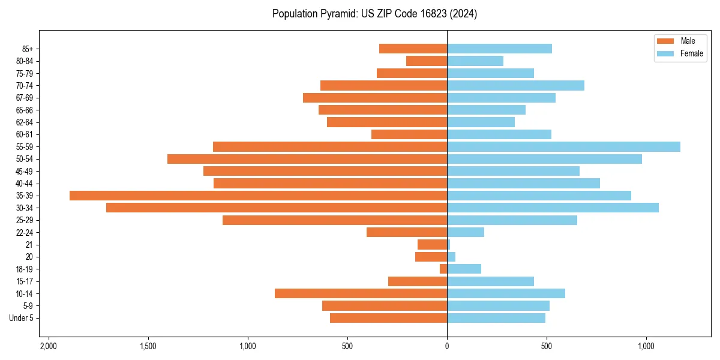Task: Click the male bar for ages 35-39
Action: tap(258, 196)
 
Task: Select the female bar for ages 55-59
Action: tap(563, 147)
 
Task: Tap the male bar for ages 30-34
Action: tap(277, 208)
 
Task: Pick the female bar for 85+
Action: tap(499, 49)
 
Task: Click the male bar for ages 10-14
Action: tap(361, 293)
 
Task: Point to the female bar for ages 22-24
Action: tap(466, 232)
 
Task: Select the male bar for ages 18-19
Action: tap(443, 269)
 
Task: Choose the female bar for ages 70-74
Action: tap(515, 86)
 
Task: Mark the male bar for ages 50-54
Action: tap(307, 159)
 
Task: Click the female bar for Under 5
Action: tap(496, 318)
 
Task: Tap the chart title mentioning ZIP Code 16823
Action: tap(374, 14)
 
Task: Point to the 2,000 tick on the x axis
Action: tap(48, 346)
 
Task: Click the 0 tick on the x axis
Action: tap(447, 346)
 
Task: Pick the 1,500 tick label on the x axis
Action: tap(148, 346)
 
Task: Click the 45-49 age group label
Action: tap(25, 171)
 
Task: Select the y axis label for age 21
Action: tap(29, 245)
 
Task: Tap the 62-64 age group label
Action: tap(25, 122)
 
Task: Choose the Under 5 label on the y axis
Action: tap(22, 318)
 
